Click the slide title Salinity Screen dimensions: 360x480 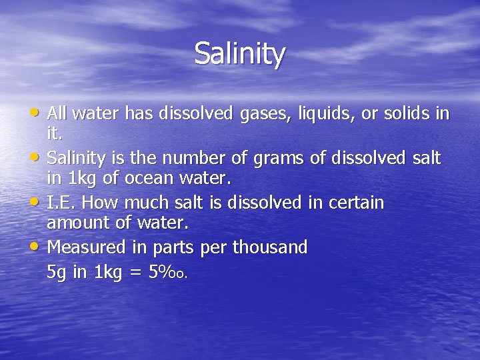240,53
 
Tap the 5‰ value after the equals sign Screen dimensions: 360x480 171,272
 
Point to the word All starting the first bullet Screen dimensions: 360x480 59,114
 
